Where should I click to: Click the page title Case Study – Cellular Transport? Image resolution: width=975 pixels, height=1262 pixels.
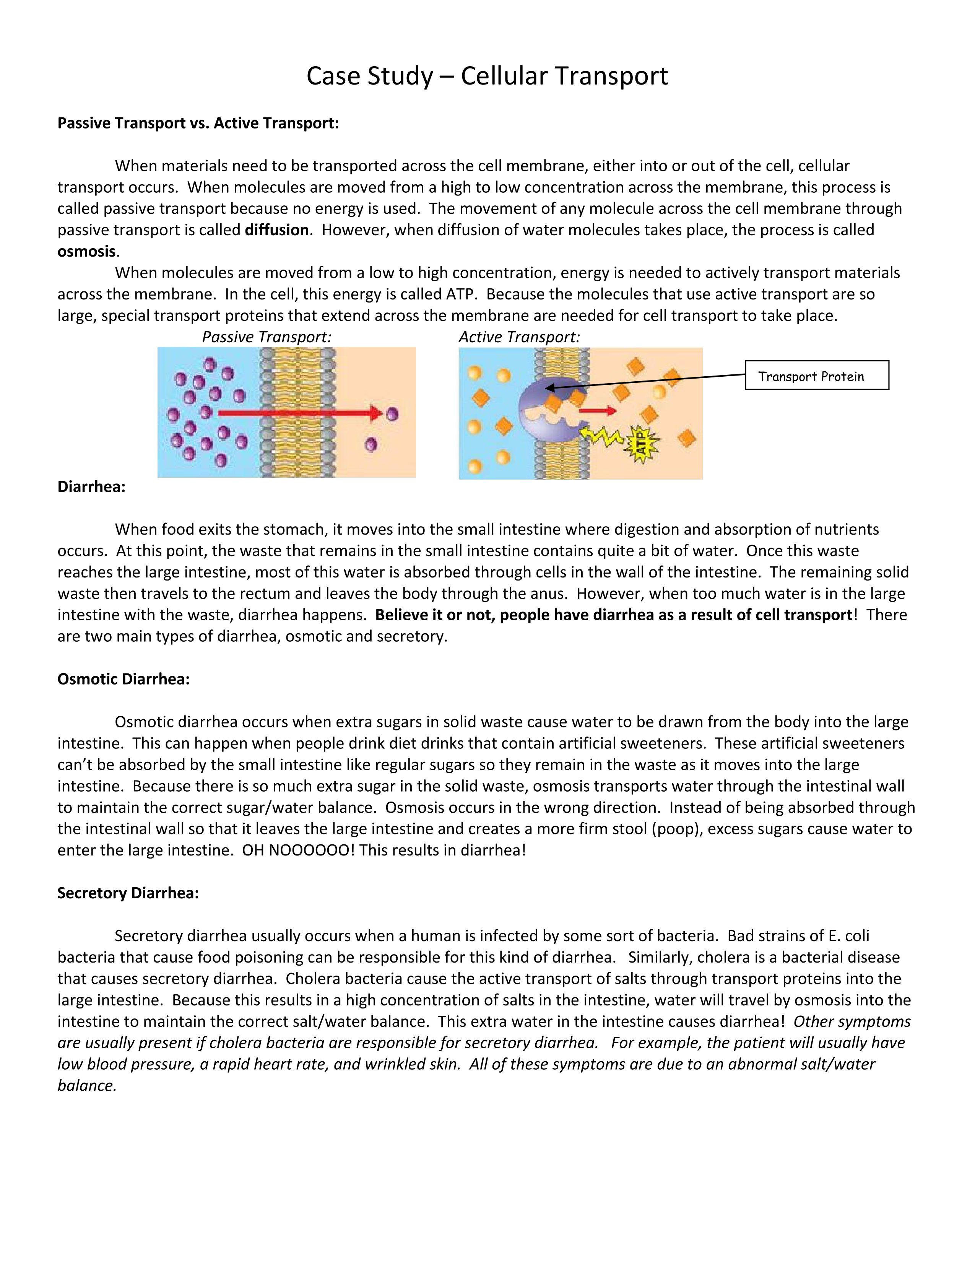coord(487,76)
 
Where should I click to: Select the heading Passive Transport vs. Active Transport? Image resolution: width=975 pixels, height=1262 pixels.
coord(198,123)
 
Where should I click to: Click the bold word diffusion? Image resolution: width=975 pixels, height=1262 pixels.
coord(277,230)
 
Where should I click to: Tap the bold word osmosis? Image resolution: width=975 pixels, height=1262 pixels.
coord(87,251)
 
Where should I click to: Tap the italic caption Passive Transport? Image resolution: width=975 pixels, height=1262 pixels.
coord(266,337)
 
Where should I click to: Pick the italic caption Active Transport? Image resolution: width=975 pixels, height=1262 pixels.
coord(519,337)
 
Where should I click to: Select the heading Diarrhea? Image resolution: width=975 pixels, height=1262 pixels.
coord(91,486)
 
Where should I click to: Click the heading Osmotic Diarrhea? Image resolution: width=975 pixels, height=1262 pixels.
coord(123,679)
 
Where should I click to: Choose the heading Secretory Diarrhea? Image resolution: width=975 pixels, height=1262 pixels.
coord(128,893)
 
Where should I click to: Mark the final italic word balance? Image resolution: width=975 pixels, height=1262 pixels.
coord(87,1085)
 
